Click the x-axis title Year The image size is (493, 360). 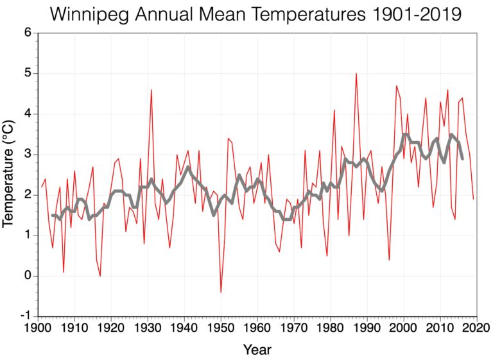pyautogui.click(x=257, y=350)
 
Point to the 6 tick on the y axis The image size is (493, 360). pyautogui.click(x=28, y=33)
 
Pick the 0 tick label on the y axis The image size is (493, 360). pyautogui.click(x=28, y=276)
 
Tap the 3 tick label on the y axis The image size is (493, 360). pyautogui.click(x=28, y=155)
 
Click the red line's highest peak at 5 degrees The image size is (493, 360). pyautogui.click(x=356, y=74)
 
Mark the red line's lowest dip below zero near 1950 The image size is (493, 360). pyautogui.click(x=221, y=293)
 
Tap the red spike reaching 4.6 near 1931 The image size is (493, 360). pyautogui.click(x=151, y=90)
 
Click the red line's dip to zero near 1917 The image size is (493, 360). pyautogui.click(x=100, y=276)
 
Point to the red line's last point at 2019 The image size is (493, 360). pyautogui.click(x=473, y=199)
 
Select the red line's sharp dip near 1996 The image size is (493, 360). pyautogui.click(x=389, y=260)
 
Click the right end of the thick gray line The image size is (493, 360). pyautogui.click(x=462, y=159)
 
